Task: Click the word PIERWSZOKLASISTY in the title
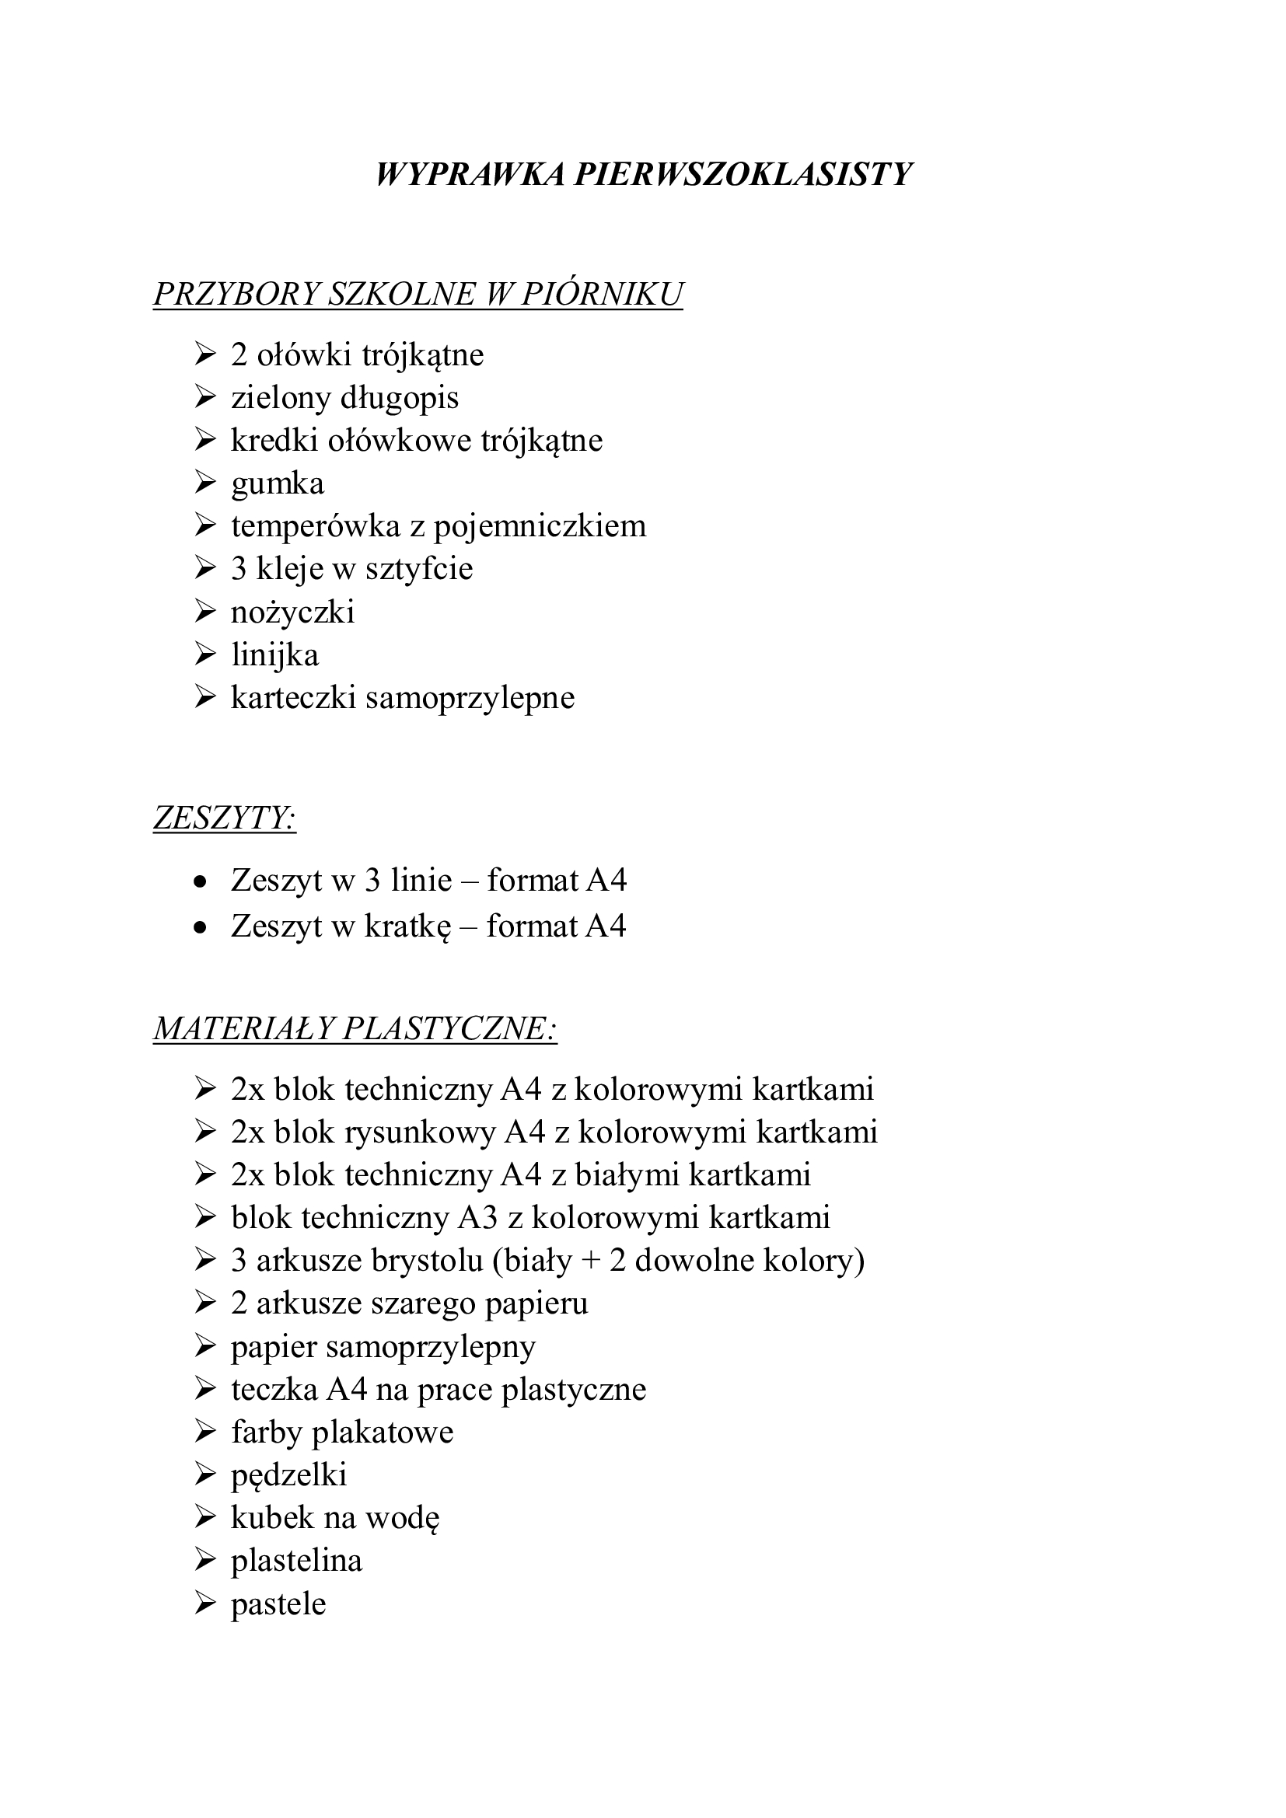[743, 174]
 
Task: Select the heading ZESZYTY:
[224, 818]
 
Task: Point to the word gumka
[277, 483]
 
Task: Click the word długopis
[400, 398]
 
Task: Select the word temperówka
[316, 526]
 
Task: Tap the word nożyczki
[292, 612]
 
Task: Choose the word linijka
[274, 654]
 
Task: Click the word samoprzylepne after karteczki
[470, 697]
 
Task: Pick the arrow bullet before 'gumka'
[205, 482]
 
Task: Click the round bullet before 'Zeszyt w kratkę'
[201, 926]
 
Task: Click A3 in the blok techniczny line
[478, 1218]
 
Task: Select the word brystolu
[426, 1261]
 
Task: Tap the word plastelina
[296, 1561]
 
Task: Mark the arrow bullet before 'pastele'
[205, 1603]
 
